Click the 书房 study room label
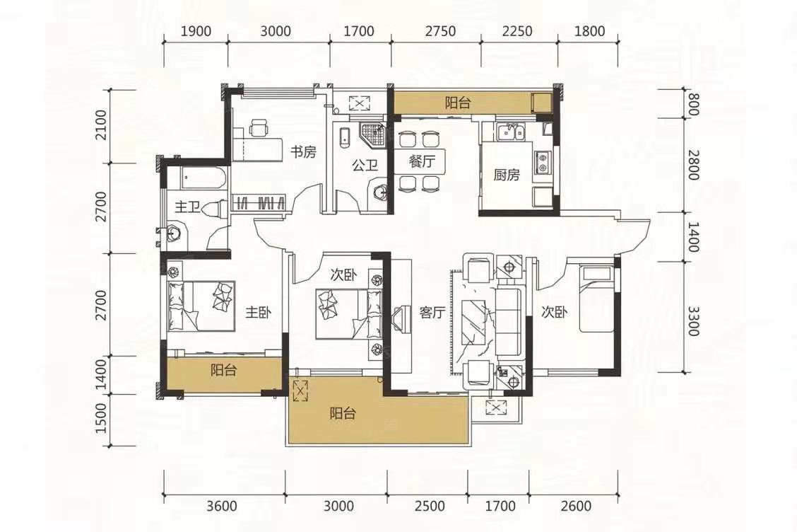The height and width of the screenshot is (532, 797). pos(303,151)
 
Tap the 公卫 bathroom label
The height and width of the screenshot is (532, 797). pos(365,166)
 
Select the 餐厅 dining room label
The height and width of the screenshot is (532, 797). pos(422,162)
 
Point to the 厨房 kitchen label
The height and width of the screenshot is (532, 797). pos(507,175)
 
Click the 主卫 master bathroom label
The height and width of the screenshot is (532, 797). pos(187,207)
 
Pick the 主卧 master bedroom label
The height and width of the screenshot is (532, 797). pos(259,312)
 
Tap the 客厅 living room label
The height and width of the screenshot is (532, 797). pos(432,312)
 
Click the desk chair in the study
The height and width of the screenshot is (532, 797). pos(259,127)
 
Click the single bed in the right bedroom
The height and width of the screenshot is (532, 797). pos(598,299)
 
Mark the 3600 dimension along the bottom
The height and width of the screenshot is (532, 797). pos(222,506)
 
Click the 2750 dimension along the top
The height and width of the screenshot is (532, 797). pos(441,31)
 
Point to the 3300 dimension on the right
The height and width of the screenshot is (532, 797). pos(693,320)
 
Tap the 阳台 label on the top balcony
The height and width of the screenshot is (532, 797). pos(457,103)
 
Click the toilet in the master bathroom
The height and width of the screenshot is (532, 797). pos(215,208)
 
